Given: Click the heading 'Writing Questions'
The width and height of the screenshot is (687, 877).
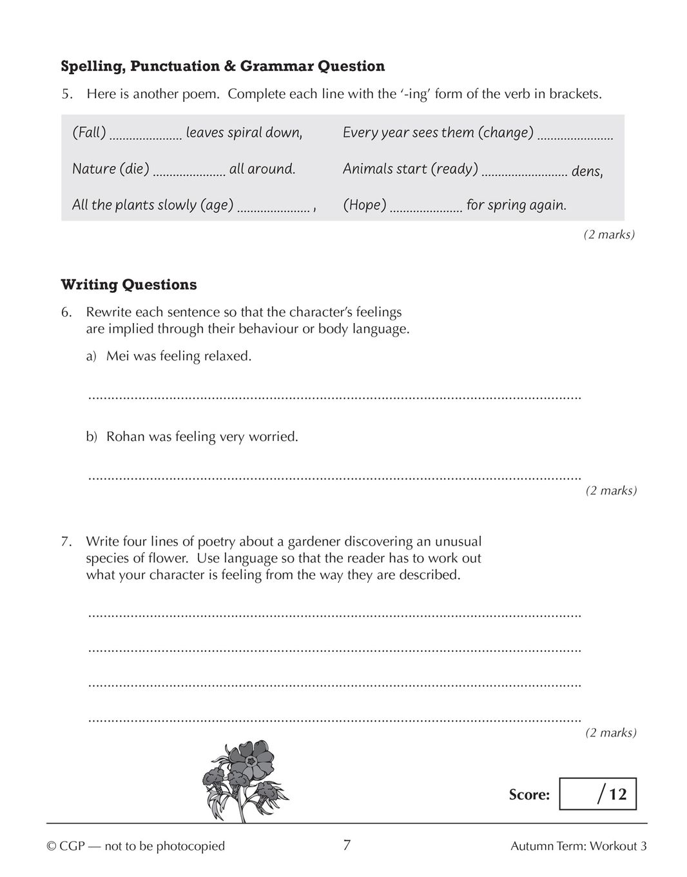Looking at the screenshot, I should click(x=129, y=284).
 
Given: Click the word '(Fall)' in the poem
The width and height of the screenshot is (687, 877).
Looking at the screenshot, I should click(x=89, y=133).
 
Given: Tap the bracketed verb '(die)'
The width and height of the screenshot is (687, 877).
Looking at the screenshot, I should click(x=134, y=169).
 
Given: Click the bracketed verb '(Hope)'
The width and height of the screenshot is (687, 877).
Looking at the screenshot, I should click(x=365, y=205).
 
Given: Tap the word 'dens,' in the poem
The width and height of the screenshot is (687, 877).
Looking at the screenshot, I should click(x=587, y=172).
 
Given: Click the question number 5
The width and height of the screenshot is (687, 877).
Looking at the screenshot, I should click(x=66, y=94).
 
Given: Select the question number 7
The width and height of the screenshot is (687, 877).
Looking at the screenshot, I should click(x=66, y=542).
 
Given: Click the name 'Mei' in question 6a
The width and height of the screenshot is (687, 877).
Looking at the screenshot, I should click(x=118, y=356).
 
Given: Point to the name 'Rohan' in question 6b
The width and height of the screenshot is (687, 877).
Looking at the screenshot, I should click(x=126, y=437).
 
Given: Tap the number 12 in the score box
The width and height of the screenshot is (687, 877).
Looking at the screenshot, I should click(x=617, y=794).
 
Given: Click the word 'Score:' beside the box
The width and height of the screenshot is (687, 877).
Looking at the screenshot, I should click(x=529, y=794).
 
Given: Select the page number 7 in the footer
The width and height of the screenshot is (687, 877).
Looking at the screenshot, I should click(x=347, y=845).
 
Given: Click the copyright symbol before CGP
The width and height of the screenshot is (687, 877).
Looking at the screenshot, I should click(x=52, y=846).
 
